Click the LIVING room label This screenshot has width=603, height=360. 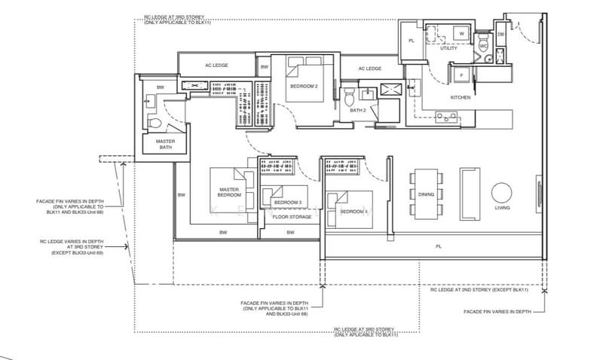tap(501, 207)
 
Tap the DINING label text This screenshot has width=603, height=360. tap(426, 194)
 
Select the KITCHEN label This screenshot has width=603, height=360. tap(460, 98)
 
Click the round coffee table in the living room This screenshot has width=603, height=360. tap(502, 191)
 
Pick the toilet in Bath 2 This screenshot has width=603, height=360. tap(349, 99)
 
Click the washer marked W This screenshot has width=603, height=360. tap(460, 33)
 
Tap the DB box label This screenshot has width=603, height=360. tap(500, 34)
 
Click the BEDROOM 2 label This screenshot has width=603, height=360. tap(304, 87)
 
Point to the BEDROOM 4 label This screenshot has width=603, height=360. tap(354, 212)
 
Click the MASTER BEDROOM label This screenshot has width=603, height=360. tap(229, 192)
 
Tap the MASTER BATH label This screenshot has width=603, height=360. tap(165, 144)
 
